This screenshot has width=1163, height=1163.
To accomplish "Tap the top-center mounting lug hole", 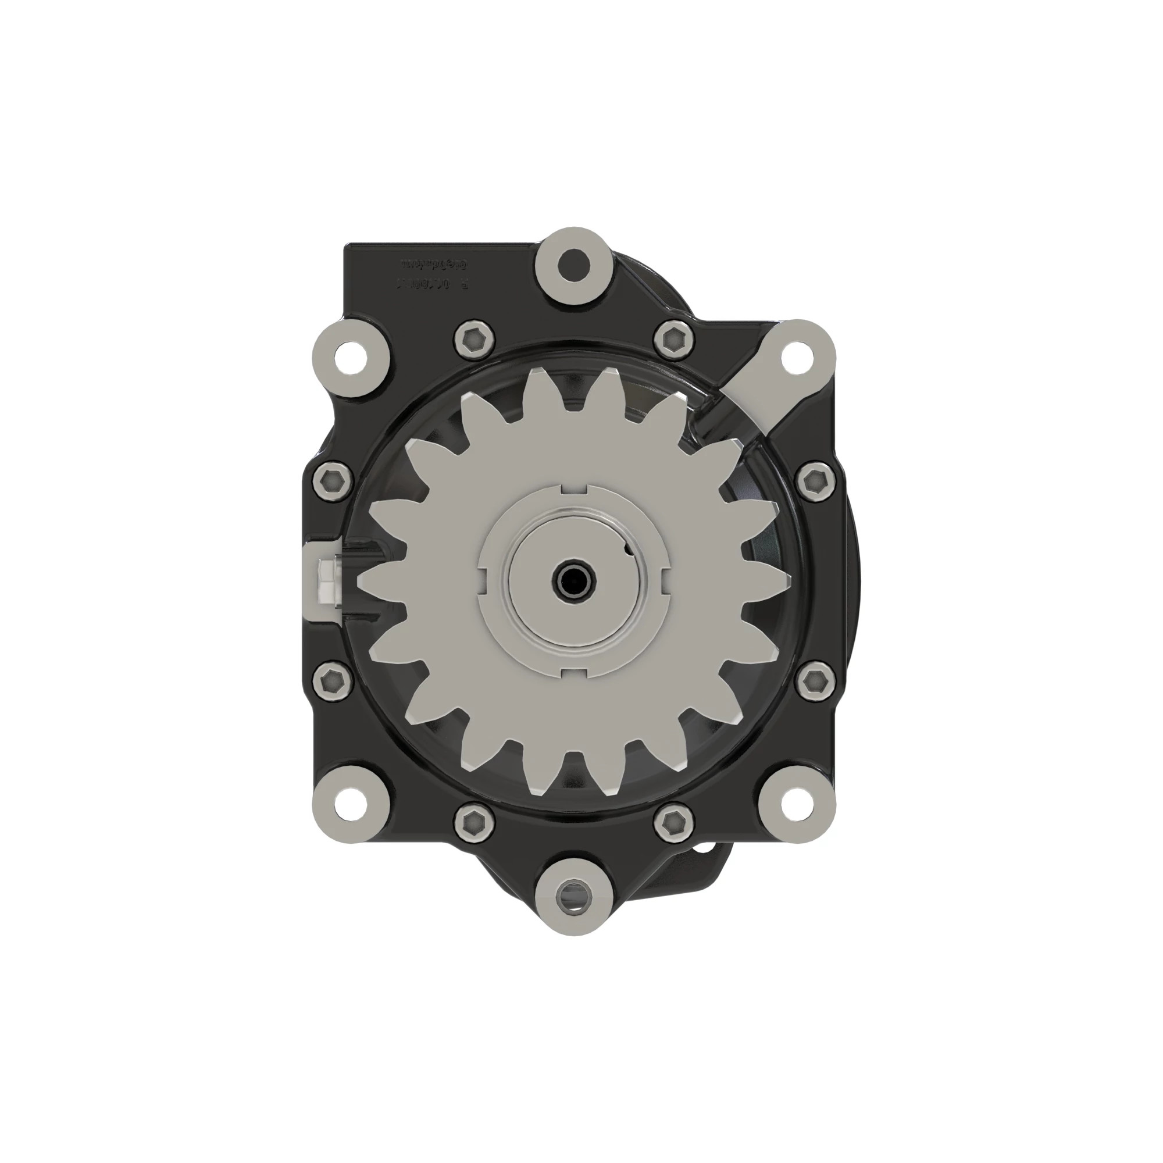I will coord(573,263).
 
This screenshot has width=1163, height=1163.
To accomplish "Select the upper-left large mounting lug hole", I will coord(351,358).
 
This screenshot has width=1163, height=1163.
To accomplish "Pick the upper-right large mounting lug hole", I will coord(797,358).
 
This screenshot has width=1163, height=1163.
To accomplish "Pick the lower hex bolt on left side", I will coord(332,680).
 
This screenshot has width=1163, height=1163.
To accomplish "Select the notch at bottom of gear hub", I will coord(574,672).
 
